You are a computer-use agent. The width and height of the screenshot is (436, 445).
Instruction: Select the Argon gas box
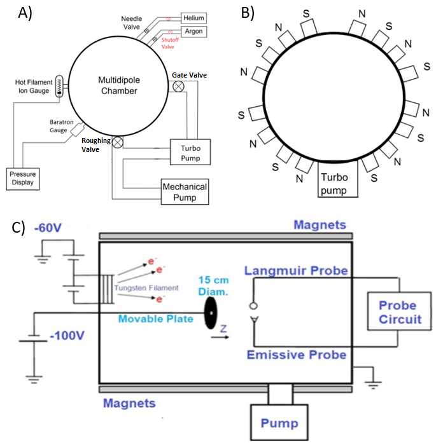tap(193, 32)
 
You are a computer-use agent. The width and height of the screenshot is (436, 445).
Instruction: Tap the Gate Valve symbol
tap(179, 86)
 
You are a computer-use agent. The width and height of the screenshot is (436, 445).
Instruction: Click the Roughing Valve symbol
tap(118, 142)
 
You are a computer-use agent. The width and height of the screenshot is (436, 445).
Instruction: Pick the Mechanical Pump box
tap(185, 191)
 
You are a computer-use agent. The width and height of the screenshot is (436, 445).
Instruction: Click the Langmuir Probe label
tap(296, 271)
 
